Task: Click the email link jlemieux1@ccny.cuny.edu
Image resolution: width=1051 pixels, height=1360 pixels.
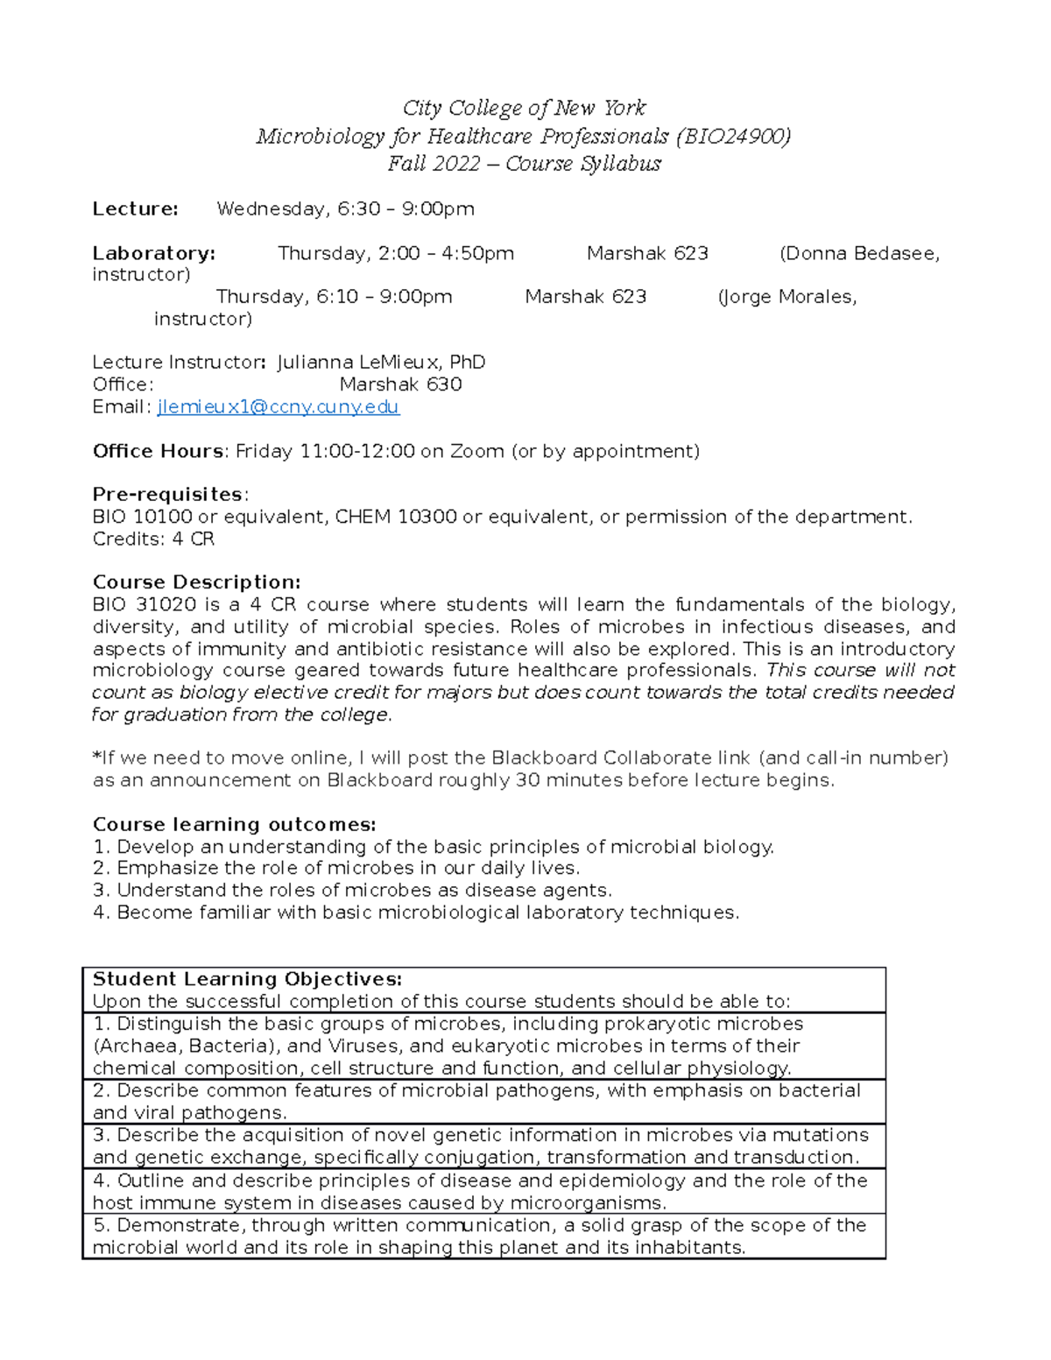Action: pyautogui.click(x=278, y=407)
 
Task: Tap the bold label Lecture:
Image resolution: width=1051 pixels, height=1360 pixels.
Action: pyautogui.click(x=136, y=209)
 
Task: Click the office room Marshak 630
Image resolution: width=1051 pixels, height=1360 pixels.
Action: pyautogui.click(x=400, y=384)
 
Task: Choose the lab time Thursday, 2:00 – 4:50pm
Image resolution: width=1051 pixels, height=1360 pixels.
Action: pyautogui.click(x=396, y=254)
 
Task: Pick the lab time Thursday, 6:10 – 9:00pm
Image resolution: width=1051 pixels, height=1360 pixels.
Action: pyautogui.click(x=334, y=297)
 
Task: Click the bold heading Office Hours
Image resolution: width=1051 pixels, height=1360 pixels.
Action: pyautogui.click(x=159, y=451)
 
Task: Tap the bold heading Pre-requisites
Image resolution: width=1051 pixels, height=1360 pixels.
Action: pyautogui.click(x=167, y=495)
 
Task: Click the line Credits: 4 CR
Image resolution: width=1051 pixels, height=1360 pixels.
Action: pyautogui.click(x=153, y=539)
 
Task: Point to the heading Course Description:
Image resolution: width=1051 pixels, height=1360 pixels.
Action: pyautogui.click(x=196, y=582)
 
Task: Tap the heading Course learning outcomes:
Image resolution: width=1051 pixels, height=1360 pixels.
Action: pyautogui.click(x=234, y=825)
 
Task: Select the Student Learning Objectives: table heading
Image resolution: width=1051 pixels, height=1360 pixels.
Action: pyautogui.click(x=247, y=979)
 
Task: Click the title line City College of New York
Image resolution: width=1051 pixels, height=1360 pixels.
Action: pyautogui.click(x=524, y=109)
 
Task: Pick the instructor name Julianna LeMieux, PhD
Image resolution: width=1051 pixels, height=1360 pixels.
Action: pyautogui.click(x=381, y=363)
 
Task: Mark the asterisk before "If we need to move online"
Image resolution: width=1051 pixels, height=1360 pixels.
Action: pyautogui.click(x=96, y=757)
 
